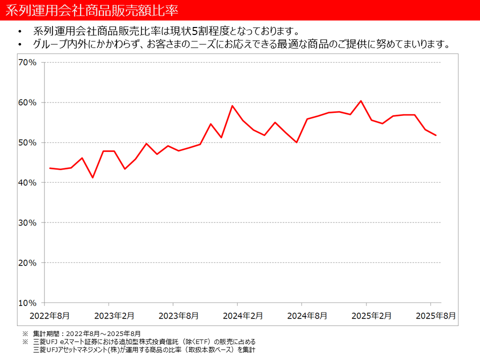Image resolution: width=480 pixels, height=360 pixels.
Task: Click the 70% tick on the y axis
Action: tap(27, 62)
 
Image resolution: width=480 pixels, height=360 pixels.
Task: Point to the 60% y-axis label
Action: tap(27, 102)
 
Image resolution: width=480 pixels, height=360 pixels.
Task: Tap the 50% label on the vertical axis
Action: tap(27, 142)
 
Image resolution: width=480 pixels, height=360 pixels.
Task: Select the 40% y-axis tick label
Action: tap(27, 182)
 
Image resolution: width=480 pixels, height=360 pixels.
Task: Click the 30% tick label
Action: tap(27, 222)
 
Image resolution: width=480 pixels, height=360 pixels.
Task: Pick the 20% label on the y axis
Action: tap(27, 262)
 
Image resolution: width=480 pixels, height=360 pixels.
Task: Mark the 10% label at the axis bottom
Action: tap(27, 303)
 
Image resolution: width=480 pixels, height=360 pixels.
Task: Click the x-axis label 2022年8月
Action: tap(49, 316)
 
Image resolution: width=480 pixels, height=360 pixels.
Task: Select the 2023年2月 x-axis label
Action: tap(114, 316)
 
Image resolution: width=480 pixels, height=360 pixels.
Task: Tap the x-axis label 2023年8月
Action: tap(178, 316)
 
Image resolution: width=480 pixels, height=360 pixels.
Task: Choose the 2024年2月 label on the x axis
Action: tap(243, 316)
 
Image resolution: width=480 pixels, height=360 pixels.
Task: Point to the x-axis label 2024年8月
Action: tap(307, 316)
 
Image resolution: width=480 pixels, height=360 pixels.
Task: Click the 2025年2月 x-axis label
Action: tap(371, 316)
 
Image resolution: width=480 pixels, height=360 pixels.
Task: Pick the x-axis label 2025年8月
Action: tap(436, 316)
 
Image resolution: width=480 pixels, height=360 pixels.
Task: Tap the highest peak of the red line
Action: tap(361, 101)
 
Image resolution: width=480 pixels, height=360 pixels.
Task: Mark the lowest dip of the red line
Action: tap(92, 177)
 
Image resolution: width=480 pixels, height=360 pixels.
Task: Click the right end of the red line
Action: tap(436, 135)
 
